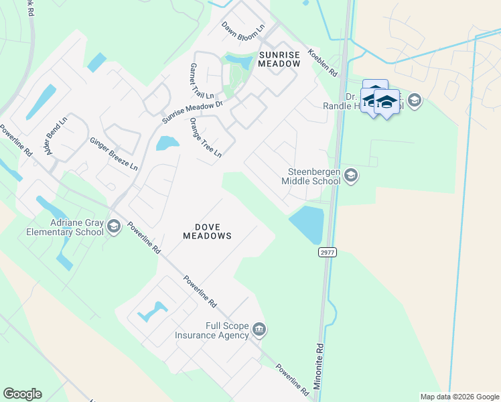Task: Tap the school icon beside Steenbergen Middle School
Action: (x=351, y=176)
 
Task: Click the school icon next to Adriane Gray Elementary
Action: (x=114, y=227)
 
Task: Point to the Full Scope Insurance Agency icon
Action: (x=259, y=330)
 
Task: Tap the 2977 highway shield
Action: (x=328, y=252)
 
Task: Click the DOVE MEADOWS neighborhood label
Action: (x=208, y=230)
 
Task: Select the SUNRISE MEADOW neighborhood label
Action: (x=279, y=59)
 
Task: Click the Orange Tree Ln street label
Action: (x=206, y=137)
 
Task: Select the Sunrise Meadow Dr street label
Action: (x=192, y=113)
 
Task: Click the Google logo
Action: (x=22, y=394)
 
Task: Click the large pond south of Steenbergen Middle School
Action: (x=307, y=224)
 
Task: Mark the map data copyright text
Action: (x=459, y=397)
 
